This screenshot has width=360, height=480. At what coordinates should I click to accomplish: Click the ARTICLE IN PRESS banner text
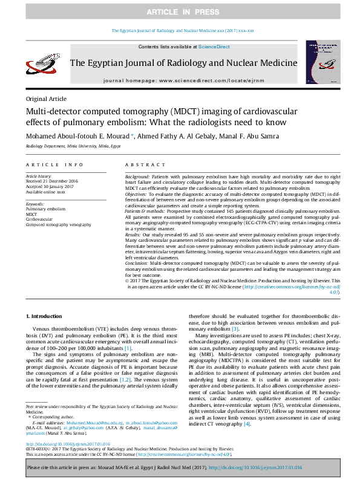180,11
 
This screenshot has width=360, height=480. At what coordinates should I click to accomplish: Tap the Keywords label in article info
36,204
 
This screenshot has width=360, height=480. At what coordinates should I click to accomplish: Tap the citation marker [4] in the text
246,424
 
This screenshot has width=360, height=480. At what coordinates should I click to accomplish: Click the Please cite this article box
180,468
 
